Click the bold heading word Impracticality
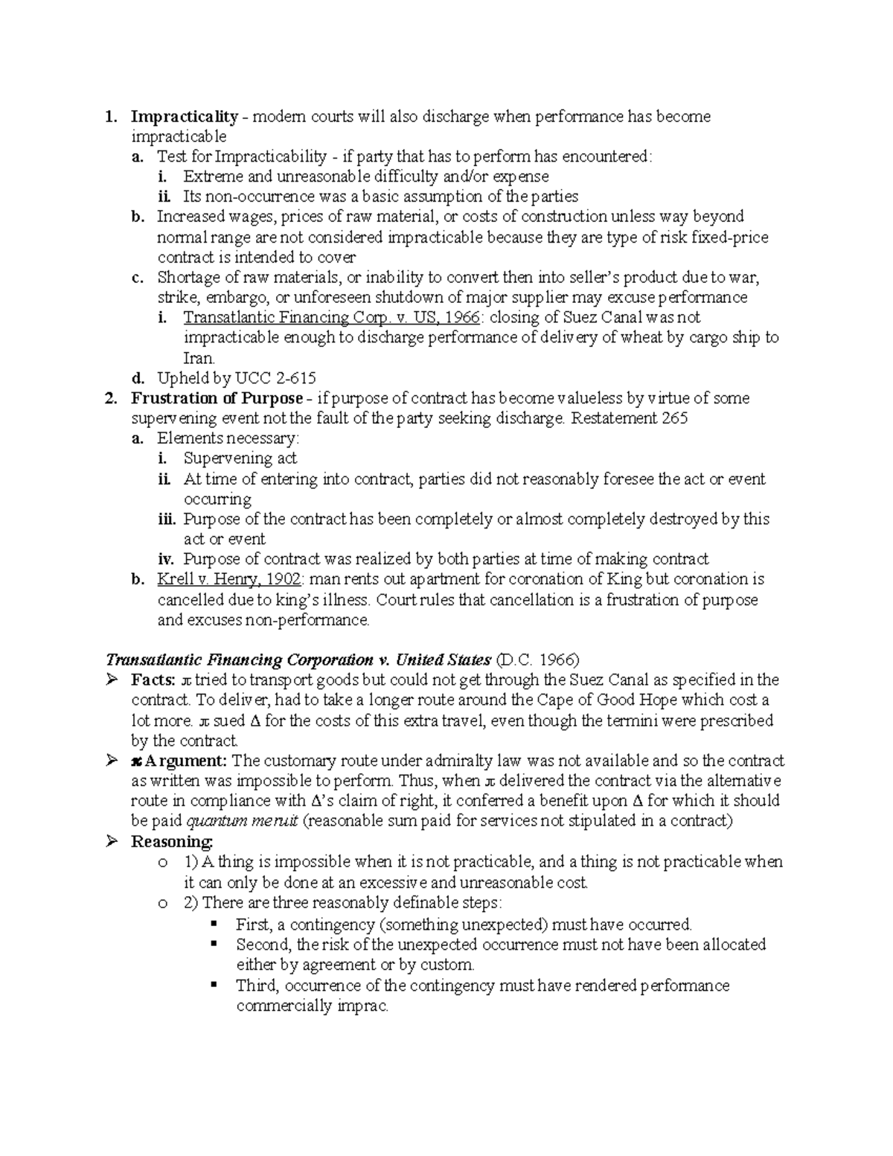[184, 116]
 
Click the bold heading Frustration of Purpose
[217, 398]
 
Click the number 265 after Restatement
[674, 418]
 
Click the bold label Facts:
[153, 680]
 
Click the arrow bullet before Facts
[112, 680]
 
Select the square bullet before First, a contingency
[215, 924]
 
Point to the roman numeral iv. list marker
[164, 559]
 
